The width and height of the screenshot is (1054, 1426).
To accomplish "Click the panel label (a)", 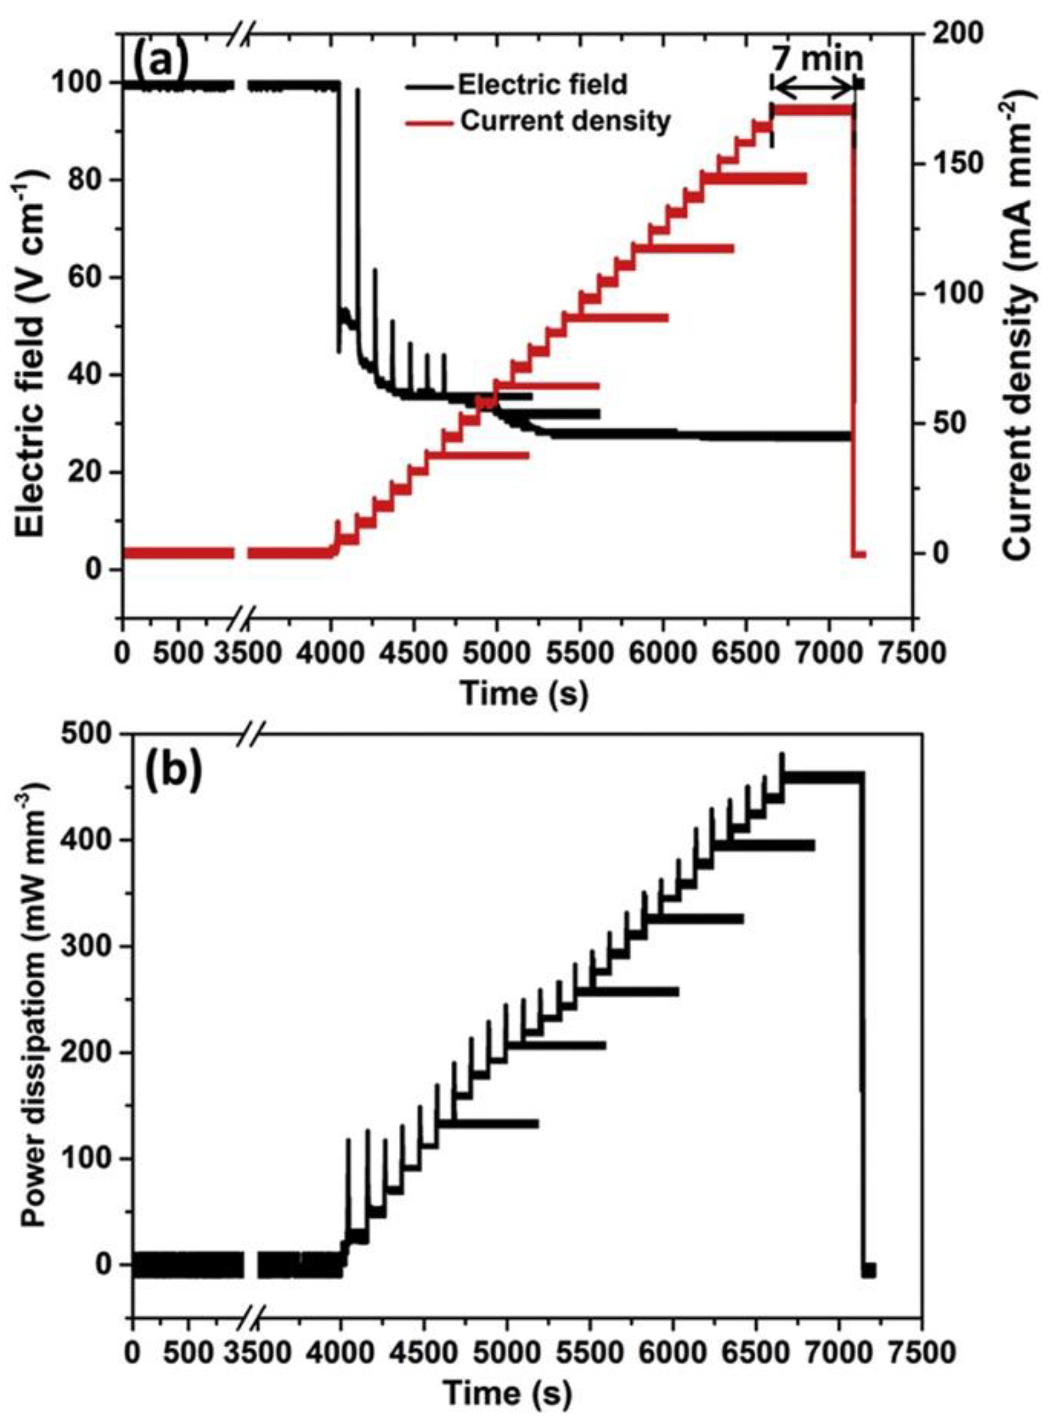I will pos(160,61).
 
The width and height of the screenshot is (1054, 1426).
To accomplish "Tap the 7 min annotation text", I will pos(817,60).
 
